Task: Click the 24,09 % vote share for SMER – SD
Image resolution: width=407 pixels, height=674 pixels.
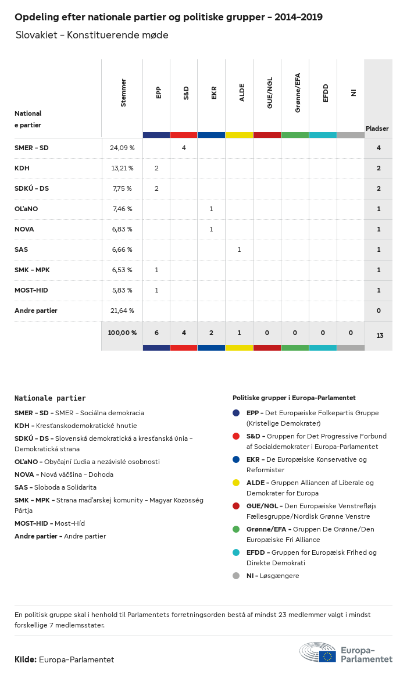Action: pyautogui.click(x=122, y=148)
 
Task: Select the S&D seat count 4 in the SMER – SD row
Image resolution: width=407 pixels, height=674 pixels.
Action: pyautogui.click(x=184, y=148)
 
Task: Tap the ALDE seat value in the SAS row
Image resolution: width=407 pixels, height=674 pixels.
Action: pyautogui.click(x=239, y=249)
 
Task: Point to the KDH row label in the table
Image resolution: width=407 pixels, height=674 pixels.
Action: pyautogui.click(x=22, y=168)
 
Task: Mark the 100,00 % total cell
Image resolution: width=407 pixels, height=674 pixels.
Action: pyautogui.click(x=122, y=333)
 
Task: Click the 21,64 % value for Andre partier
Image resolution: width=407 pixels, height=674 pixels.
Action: pyautogui.click(x=122, y=311)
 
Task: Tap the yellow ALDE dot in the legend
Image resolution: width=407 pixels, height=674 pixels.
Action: pyautogui.click(x=236, y=483)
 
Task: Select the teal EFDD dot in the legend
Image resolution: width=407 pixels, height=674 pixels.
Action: pyautogui.click(x=236, y=552)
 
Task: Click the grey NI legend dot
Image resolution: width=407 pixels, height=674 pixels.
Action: pyautogui.click(x=236, y=576)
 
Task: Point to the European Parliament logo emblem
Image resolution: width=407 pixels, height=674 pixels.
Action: pyautogui.click(x=317, y=652)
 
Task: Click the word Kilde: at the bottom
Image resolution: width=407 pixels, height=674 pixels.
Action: pyautogui.click(x=26, y=659)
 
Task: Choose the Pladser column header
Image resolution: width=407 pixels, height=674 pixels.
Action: pyautogui.click(x=377, y=129)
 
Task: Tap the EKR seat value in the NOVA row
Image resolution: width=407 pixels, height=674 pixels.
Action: pyautogui.click(x=212, y=229)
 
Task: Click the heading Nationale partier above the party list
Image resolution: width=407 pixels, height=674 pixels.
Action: pyautogui.click(x=50, y=398)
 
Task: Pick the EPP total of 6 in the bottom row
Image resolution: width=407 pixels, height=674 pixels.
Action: pyautogui.click(x=156, y=333)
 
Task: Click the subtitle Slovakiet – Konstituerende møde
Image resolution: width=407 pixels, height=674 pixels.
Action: pyautogui.click(x=92, y=35)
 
